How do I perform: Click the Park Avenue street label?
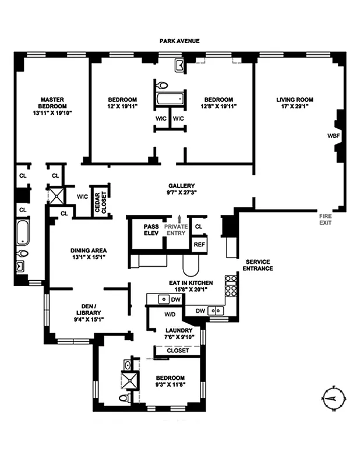[180, 41]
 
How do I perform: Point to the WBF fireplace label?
[334, 136]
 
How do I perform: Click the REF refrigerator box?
[199, 245]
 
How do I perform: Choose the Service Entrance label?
[259, 264]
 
